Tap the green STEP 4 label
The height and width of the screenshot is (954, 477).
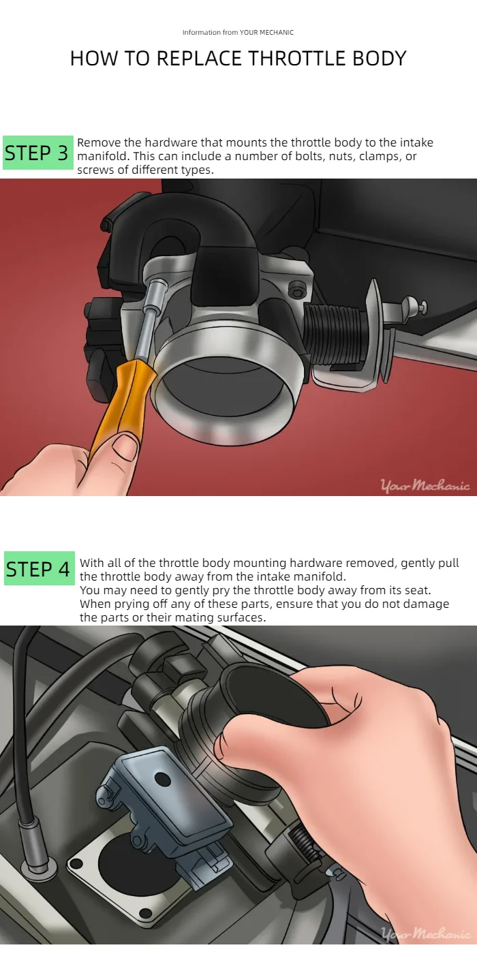click(40, 568)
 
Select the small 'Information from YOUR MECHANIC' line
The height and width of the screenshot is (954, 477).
click(238, 33)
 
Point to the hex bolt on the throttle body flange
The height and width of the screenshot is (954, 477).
click(294, 290)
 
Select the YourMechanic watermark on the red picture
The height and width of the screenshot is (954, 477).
click(425, 484)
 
